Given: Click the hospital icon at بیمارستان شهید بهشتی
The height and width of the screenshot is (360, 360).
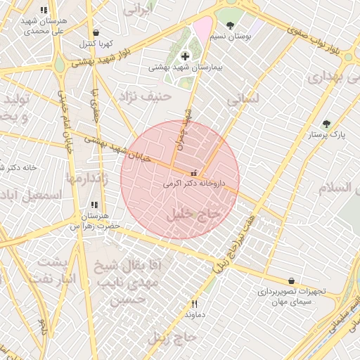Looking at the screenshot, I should click(x=185, y=56).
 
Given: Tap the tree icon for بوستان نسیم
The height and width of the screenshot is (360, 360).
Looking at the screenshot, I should click(x=230, y=26).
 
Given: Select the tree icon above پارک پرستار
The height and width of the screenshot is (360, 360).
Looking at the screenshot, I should click(x=326, y=124).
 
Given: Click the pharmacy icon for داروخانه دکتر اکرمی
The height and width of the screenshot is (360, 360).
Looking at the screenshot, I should click(x=194, y=173).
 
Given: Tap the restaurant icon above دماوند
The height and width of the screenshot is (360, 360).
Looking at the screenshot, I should click(x=194, y=304).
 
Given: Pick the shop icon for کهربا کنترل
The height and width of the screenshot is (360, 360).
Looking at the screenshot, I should click(x=96, y=32).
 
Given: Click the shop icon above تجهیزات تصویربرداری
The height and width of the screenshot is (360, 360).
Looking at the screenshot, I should click(x=291, y=281).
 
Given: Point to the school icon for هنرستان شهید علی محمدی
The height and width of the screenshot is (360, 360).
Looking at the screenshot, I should click(x=44, y=11).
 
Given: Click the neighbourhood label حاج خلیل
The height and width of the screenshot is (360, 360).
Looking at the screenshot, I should click(x=193, y=212).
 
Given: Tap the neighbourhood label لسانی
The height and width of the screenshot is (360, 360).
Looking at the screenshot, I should click(x=243, y=99).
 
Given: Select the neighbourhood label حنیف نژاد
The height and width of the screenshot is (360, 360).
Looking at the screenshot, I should click(x=146, y=95).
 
